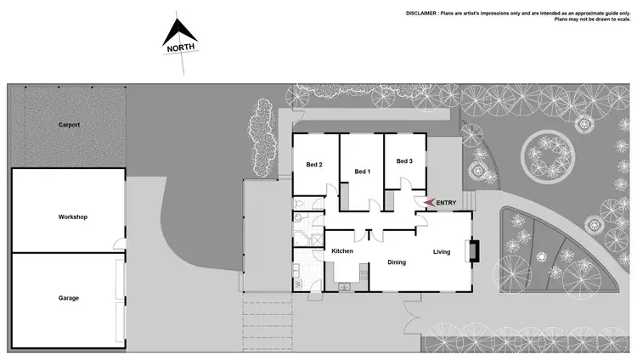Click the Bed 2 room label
pyautogui.click(x=313, y=165)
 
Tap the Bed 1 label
pyautogui.click(x=362, y=172)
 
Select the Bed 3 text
pyautogui.click(x=404, y=161)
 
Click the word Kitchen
pyautogui.click(x=341, y=251)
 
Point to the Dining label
pyautogui.click(x=397, y=262)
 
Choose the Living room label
pyautogui.click(x=442, y=251)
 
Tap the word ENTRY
pyautogui.click(x=446, y=202)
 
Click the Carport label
pyautogui.click(x=69, y=125)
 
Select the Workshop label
pyautogui.click(x=73, y=217)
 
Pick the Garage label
pyautogui.click(x=69, y=298)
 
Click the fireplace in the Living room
pyautogui.click(x=473, y=250)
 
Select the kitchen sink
pyautogui.click(x=346, y=286)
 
